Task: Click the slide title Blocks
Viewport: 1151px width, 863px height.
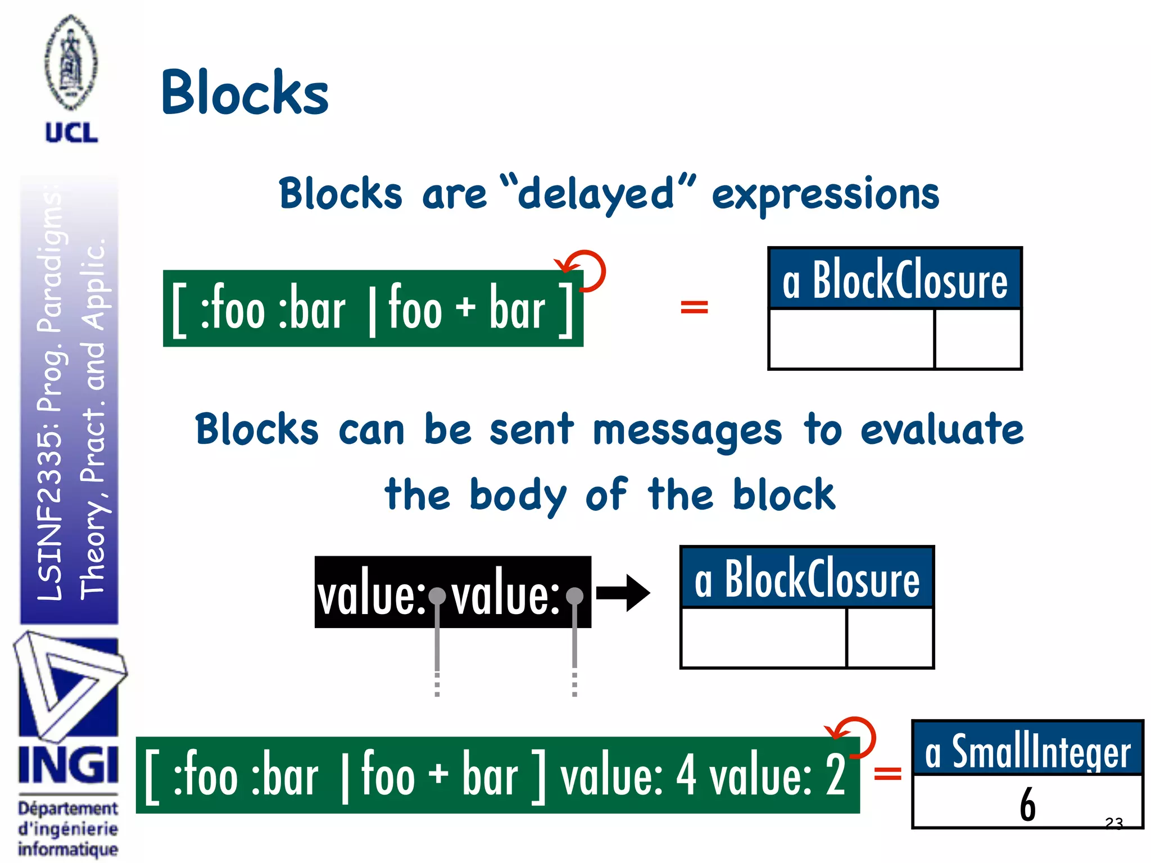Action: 244,93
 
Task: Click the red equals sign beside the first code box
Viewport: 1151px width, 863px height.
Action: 694,307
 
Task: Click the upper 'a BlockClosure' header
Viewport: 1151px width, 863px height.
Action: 895,280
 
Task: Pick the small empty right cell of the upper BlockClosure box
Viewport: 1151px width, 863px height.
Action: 978,339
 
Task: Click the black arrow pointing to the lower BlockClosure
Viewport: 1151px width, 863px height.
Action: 623,593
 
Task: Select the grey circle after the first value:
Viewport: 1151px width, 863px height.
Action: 437,596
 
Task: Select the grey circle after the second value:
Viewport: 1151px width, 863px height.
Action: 574,596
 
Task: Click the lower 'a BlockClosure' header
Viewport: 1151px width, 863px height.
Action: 806,579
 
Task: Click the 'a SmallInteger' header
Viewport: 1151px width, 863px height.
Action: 1027,751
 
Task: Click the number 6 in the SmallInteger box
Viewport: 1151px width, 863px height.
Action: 1027,804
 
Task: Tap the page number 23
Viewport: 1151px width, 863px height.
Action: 1113,823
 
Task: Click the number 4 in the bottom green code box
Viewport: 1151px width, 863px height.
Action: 686,775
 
